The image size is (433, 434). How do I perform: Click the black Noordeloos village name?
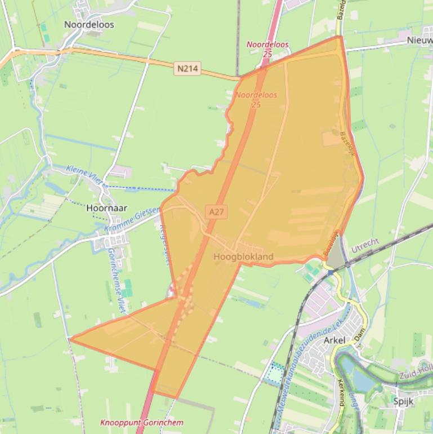[89, 24]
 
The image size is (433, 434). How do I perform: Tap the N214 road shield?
[188, 69]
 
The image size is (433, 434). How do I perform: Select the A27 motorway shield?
[216, 211]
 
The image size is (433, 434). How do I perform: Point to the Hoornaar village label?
[104, 207]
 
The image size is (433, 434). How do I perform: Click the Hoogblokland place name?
[243, 257]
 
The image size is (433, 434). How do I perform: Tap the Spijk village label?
[404, 401]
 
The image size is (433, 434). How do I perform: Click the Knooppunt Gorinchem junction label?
[141, 422]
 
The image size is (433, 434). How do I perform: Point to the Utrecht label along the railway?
[365, 246]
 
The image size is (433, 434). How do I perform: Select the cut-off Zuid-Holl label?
[416, 374]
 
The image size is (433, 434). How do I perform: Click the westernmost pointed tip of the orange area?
[70, 339]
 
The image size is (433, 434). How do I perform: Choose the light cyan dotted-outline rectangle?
[275, 374]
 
